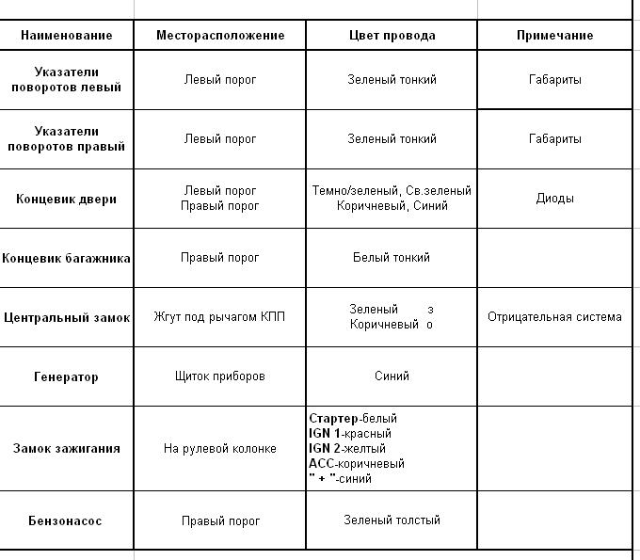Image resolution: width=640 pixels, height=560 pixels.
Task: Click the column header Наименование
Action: coord(66,35)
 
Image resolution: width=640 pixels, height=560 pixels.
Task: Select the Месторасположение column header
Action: coord(220,35)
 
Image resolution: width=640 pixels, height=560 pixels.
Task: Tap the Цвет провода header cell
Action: coord(392,35)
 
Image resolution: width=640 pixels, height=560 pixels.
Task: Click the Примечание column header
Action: coord(554,35)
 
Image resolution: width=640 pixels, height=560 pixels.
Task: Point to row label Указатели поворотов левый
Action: coord(66,79)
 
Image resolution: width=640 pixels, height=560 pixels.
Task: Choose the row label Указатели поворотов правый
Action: coord(66,138)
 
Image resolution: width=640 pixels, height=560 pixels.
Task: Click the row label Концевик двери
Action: coord(66,199)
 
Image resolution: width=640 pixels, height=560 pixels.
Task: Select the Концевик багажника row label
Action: coord(66,258)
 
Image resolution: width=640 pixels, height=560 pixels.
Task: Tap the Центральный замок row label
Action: coord(66,317)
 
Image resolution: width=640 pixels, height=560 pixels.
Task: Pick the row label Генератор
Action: coord(66,376)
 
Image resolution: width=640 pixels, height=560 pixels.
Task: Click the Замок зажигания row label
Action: coord(66,448)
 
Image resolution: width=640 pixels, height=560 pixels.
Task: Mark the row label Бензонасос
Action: coord(66,520)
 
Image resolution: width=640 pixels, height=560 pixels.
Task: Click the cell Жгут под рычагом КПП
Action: coord(219,316)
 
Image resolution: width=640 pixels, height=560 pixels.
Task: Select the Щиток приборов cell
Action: coord(220,376)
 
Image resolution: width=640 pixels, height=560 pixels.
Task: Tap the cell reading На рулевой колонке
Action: coord(220,448)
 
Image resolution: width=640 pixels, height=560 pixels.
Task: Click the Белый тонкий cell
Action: coord(392,257)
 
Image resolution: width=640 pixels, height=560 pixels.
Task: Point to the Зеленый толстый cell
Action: coord(392,520)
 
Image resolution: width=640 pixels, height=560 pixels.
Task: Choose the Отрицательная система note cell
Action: coord(554,316)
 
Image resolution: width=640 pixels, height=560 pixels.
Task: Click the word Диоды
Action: coord(554,199)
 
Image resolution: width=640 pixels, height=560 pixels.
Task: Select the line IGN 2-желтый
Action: coord(350,448)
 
